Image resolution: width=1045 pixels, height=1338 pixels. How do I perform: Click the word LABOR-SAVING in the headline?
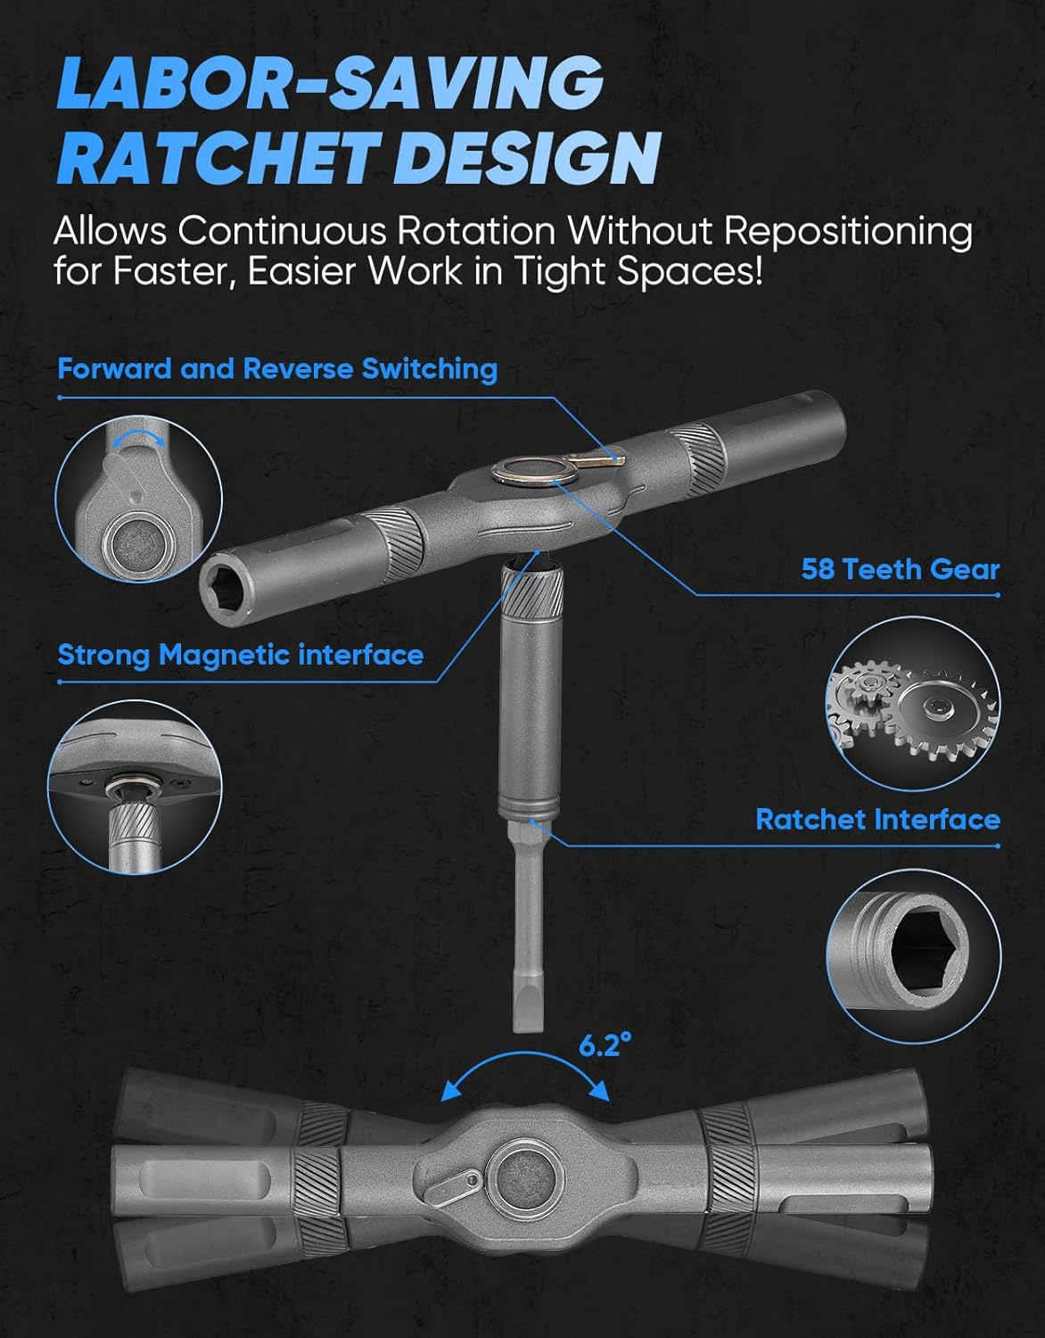tap(331, 83)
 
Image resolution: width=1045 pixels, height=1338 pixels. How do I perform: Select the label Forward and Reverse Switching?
tap(277, 368)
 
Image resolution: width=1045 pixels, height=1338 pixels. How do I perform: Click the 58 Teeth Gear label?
tap(901, 569)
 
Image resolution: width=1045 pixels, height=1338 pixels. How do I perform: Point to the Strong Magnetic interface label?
tap(241, 655)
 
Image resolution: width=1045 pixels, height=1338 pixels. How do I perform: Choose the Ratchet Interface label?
tap(877, 820)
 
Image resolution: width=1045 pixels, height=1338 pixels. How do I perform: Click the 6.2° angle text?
tap(605, 1045)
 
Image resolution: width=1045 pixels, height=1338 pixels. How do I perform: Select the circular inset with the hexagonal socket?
tap(913, 956)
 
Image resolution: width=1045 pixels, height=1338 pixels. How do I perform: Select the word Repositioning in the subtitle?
tap(847, 232)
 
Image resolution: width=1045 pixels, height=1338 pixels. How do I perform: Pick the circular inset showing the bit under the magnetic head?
tap(135, 788)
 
